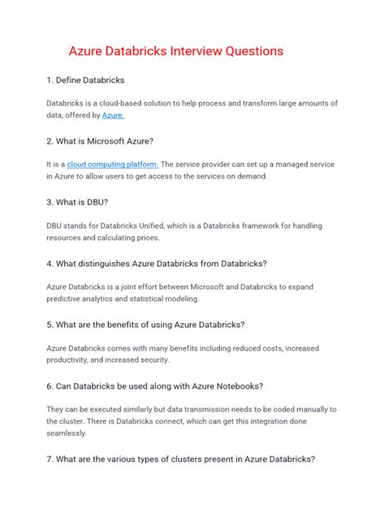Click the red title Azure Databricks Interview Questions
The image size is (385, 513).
175,50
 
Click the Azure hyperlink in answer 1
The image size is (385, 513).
113,116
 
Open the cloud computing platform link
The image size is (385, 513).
107,164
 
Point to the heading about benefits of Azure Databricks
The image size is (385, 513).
145,325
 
